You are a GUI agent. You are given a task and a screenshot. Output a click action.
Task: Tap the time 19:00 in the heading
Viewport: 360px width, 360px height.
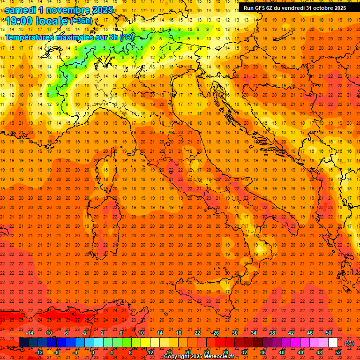point(20,21)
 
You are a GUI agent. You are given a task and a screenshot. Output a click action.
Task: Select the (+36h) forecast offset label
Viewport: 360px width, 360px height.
point(81,21)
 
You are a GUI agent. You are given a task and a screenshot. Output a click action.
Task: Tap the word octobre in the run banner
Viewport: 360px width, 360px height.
point(317,8)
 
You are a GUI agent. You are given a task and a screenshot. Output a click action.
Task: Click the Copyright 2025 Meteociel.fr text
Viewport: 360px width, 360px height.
point(202,357)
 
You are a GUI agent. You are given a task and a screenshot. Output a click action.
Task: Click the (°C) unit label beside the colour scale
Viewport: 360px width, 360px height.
point(349,343)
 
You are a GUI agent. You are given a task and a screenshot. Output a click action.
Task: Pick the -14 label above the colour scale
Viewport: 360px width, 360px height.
point(30,333)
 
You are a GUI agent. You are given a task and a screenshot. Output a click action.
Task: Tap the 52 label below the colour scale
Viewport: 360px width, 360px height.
point(338,352)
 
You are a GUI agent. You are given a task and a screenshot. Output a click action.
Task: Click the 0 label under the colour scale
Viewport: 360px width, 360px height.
point(93,352)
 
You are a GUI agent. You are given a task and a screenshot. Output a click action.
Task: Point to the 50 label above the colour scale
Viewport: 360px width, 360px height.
point(329,333)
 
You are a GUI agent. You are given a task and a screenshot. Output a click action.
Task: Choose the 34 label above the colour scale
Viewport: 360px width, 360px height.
point(254,333)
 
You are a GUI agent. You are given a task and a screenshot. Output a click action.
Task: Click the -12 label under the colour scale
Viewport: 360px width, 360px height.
point(39,352)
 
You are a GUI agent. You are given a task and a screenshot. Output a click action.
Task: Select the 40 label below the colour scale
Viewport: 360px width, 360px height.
point(282,352)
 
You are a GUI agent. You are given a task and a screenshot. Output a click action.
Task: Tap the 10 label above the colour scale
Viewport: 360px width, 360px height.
point(141,333)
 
